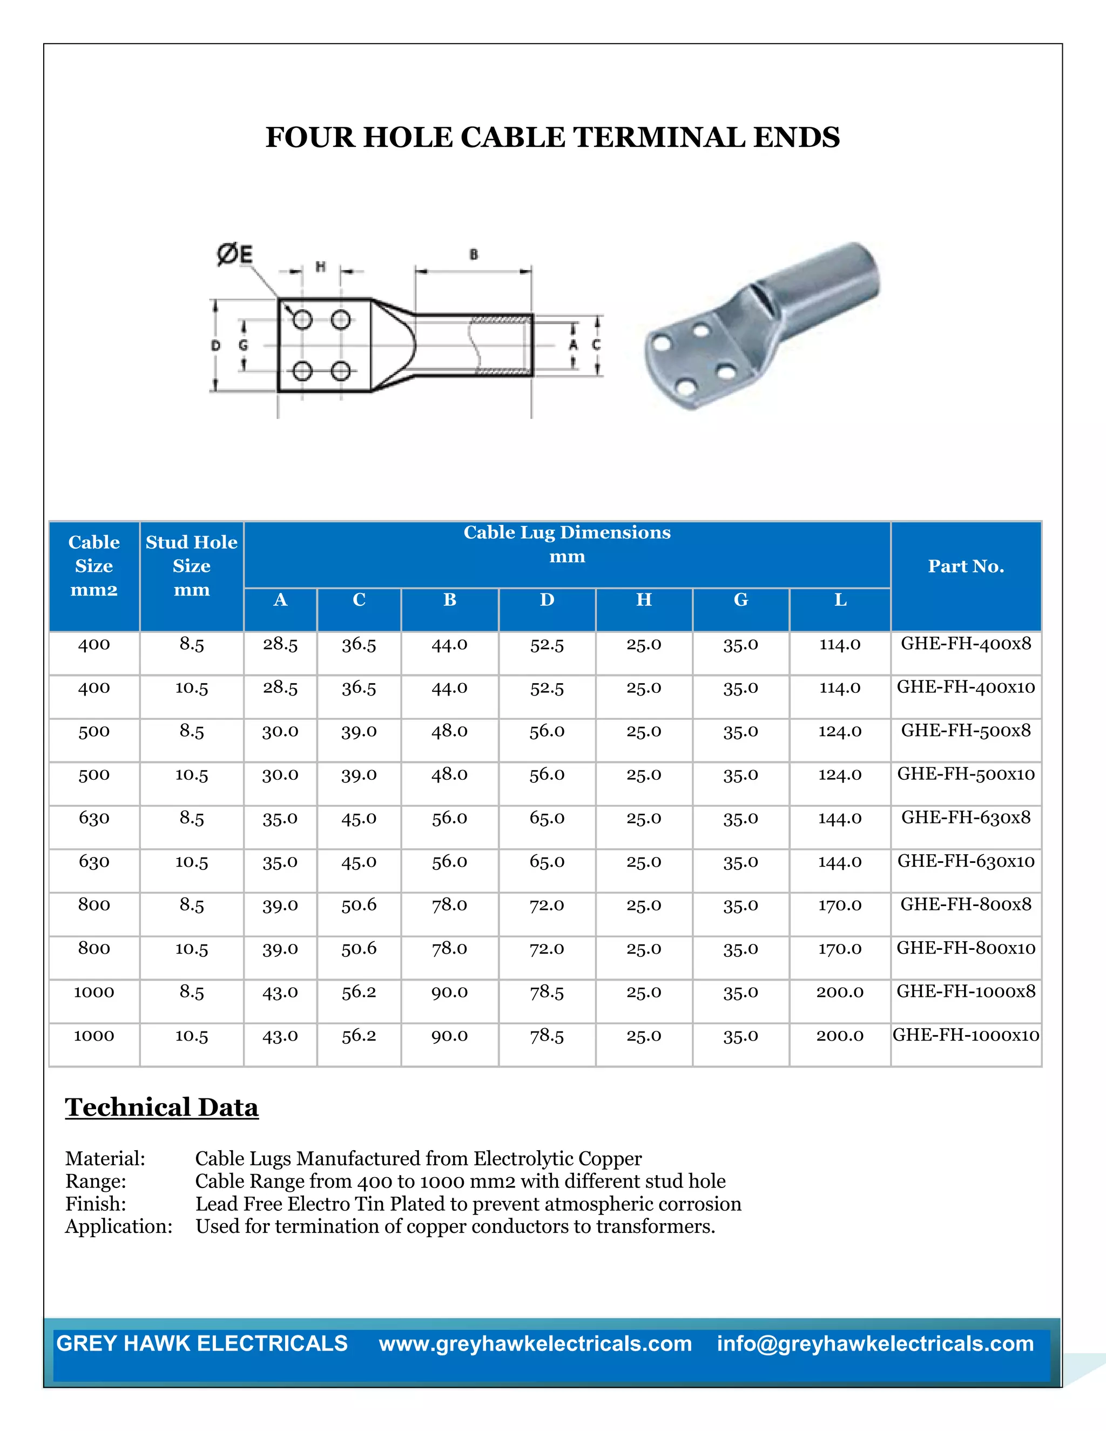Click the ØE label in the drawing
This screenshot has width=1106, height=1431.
click(234, 254)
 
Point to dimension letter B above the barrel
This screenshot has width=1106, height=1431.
click(474, 254)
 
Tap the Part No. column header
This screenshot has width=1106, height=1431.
click(966, 566)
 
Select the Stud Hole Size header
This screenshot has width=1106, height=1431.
click(191, 565)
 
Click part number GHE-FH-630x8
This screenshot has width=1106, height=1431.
click(966, 817)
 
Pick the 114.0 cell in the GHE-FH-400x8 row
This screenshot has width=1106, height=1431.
click(839, 644)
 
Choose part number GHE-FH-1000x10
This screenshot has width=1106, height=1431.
click(966, 1035)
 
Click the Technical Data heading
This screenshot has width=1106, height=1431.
click(162, 1108)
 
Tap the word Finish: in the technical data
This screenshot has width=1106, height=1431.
click(96, 1204)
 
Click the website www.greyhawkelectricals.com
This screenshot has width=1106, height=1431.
click(535, 1344)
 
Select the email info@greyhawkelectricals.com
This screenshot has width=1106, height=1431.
click(875, 1344)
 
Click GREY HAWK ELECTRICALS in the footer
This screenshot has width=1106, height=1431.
click(202, 1343)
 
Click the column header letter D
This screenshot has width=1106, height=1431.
click(547, 599)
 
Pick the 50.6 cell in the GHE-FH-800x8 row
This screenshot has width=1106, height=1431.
click(359, 905)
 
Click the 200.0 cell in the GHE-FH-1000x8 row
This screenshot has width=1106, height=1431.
click(839, 992)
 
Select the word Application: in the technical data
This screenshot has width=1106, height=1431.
click(119, 1226)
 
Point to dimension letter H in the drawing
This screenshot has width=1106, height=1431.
click(320, 266)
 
